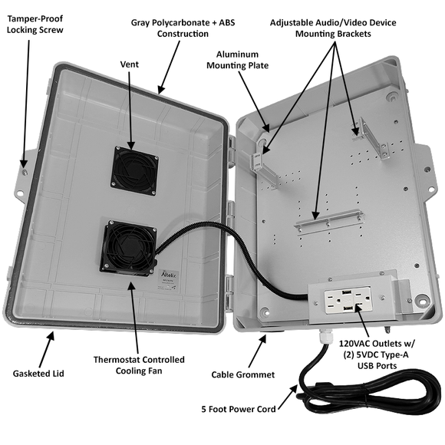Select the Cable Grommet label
pyautogui.click(x=244, y=375)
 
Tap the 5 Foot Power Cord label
pyautogui.click(x=238, y=409)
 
